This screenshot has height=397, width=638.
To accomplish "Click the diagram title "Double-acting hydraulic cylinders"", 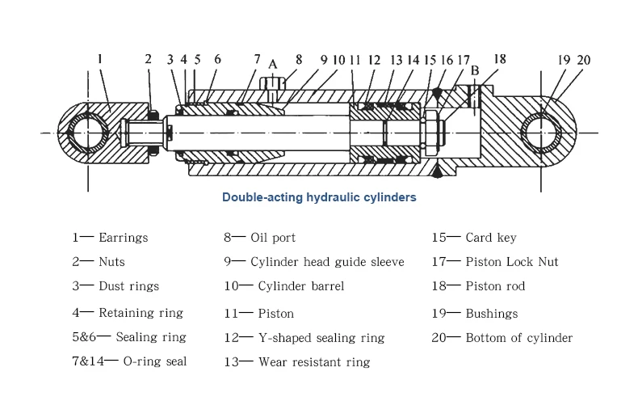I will pyautogui.click(x=319, y=196).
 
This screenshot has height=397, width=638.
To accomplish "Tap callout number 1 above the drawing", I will pyautogui.click(x=99, y=58).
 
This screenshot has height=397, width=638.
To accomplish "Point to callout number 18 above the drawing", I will pyautogui.click(x=500, y=58).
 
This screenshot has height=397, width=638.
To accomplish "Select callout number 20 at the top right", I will pyautogui.click(x=584, y=59).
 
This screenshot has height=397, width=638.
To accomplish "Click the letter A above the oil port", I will pyautogui.click(x=273, y=65).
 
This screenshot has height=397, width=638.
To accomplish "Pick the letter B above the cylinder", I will pyautogui.click(x=475, y=70).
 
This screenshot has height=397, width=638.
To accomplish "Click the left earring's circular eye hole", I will pyautogui.click(x=87, y=131).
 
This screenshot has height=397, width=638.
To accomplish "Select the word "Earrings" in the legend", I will pyautogui.click(x=123, y=238).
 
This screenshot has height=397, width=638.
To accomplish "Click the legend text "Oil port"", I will pyautogui.click(x=273, y=238).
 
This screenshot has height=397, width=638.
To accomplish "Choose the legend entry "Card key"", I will pyautogui.click(x=491, y=238).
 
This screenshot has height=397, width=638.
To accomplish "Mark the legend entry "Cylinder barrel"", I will pyautogui.click(x=301, y=286).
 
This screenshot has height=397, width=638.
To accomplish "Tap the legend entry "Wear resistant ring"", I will pyautogui.click(x=314, y=362).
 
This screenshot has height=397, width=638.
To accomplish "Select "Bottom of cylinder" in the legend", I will pyautogui.click(x=519, y=337).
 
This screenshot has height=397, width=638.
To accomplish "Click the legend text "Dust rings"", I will pyautogui.click(x=128, y=286).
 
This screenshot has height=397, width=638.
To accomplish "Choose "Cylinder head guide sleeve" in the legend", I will pyautogui.click(x=327, y=262).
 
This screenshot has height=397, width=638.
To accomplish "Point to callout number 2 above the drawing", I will pyautogui.click(x=148, y=58).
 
